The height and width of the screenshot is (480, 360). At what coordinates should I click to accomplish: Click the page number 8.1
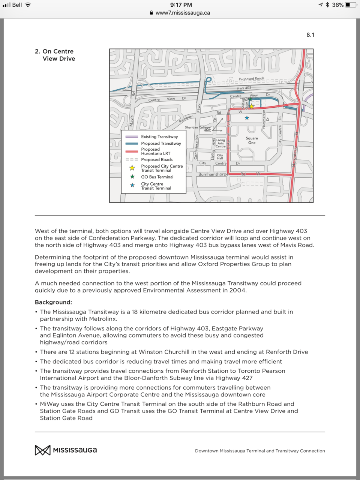click(310, 35)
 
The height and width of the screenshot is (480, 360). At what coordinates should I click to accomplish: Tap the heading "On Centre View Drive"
click(58, 55)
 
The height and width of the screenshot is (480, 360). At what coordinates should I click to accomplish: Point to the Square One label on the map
click(252, 140)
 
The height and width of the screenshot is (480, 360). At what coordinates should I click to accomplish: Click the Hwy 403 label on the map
click(244, 88)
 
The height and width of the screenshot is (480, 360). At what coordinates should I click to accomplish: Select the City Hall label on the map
click(220, 157)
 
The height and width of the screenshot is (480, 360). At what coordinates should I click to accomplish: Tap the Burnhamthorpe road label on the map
click(213, 174)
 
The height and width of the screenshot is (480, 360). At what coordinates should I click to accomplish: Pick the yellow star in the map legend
click(132, 168)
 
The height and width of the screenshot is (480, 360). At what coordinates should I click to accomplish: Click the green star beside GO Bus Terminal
click(132, 177)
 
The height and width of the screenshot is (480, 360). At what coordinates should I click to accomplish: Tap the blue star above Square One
click(247, 118)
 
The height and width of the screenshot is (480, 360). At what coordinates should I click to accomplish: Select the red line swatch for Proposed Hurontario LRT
click(132, 151)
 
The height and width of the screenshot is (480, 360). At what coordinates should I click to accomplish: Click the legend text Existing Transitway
click(159, 136)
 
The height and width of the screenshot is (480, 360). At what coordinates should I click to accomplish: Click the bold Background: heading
click(53, 302)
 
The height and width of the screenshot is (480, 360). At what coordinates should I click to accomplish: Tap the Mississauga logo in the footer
click(66, 450)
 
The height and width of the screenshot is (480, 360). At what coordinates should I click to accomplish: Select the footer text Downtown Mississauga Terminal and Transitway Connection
click(260, 451)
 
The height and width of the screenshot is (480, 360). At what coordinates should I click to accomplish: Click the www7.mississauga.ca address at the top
click(183, 13)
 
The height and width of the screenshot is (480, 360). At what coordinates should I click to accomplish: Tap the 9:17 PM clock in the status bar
click(181, 5)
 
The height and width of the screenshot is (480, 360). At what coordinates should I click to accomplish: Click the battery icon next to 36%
click(351, 5)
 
